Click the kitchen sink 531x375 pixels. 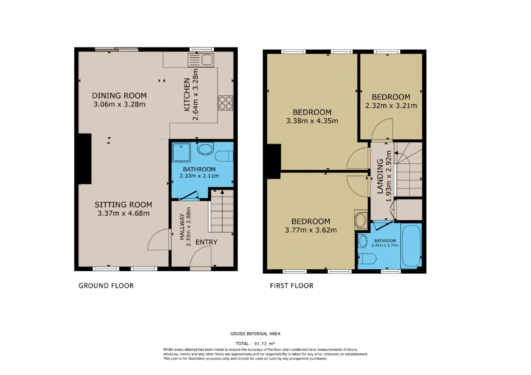tap(201, 60)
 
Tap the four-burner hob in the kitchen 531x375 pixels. tap(225, 103)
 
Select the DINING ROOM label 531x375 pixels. tap(119, 96)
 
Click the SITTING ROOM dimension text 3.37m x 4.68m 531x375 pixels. tap(124, 213)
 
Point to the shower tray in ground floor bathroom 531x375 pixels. tap(181, 152)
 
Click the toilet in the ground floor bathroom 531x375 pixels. tap(224, 156)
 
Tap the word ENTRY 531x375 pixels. tap(206, 242)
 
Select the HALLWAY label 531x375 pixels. tap(182, 226)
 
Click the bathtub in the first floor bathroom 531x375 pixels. tap(411, 246)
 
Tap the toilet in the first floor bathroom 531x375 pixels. tap(367, 259)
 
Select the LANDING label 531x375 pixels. tap(380, 176)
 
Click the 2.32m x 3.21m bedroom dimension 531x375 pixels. tap(391, 105)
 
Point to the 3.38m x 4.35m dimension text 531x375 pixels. tap(312, 121)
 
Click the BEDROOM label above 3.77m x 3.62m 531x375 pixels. tap(311, 222)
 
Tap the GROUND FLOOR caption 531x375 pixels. tap(106, 286)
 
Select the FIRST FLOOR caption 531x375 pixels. tap(292, 286)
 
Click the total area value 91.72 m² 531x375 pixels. tap(264, 343)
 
